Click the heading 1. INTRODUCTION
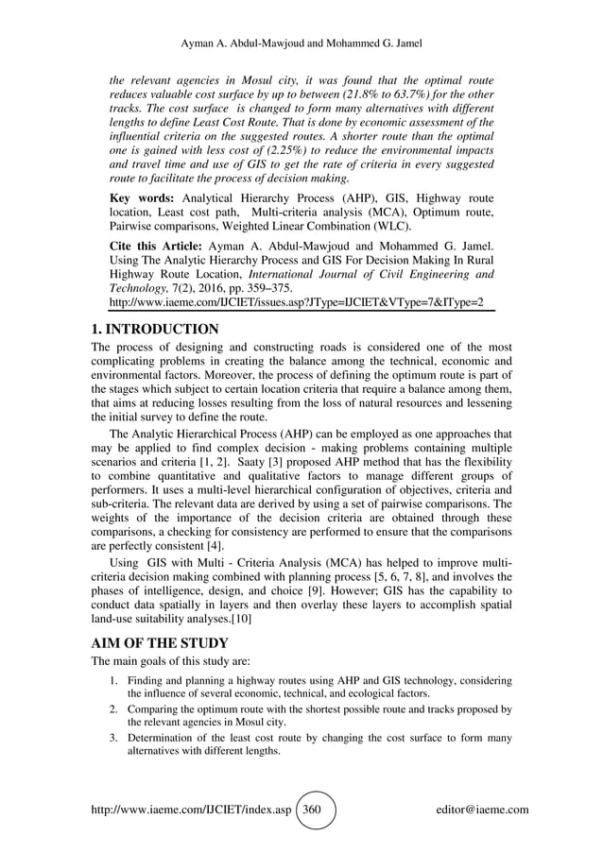(155, 330)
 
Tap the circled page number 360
(316, 810)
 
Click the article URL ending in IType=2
(298, 302)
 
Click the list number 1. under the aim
(112, 681)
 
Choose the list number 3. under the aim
(112, 738)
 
